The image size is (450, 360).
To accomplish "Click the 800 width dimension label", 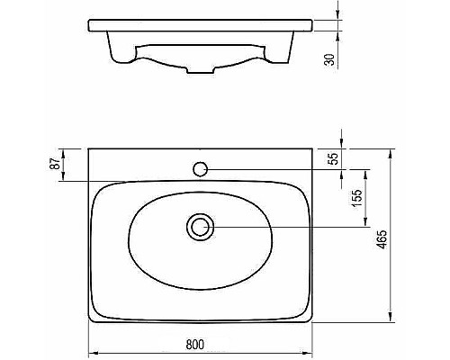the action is point(194,344).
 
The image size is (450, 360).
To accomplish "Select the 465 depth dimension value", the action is point(382,239).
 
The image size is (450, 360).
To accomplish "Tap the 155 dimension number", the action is point(357,198).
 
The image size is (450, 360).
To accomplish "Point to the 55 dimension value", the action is point(333,158).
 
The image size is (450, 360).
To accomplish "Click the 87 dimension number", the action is point(55,164).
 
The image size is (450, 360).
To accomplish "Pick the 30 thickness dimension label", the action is point(329,59).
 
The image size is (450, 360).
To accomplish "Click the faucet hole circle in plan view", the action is point(200,169).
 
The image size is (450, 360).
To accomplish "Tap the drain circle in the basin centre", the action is point(200,227).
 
